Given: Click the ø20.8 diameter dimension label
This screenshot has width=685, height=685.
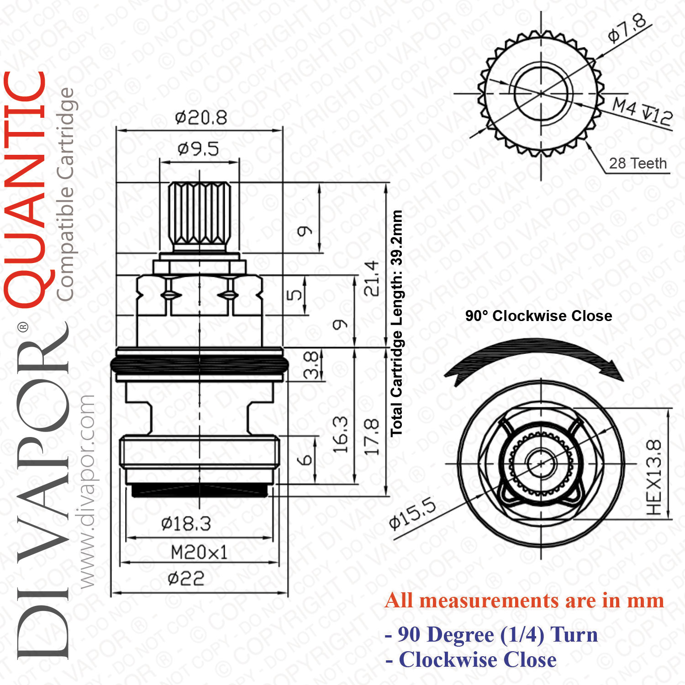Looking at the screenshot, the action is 201,118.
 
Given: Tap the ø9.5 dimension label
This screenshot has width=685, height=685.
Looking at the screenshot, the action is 198,149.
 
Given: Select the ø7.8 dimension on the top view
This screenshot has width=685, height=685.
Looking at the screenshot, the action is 627,28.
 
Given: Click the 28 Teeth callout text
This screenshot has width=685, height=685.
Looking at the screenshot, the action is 638,163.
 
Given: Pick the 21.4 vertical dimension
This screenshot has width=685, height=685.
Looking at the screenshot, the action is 371,278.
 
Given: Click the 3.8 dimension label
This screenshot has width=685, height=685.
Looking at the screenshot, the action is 311,364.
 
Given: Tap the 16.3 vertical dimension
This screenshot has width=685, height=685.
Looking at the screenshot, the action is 340,434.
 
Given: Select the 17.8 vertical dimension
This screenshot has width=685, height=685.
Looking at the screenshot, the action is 371,437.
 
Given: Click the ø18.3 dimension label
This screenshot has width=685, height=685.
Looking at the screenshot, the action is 186,524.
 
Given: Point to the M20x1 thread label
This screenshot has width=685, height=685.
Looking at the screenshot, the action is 199,553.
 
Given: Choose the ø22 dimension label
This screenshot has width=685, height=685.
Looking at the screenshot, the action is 186,579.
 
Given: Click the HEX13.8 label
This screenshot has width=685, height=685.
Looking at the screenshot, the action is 654,477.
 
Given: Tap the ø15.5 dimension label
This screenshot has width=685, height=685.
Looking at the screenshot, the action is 412,514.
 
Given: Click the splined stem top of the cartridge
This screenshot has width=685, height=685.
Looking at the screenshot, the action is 199,216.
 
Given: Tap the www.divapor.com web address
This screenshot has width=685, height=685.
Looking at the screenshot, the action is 86,491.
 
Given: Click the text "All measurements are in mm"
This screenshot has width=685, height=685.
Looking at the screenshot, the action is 524,601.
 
